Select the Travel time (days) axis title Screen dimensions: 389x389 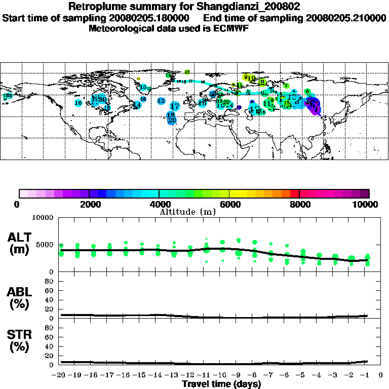pos(222,384)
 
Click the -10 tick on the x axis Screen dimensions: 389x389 pos(221,375)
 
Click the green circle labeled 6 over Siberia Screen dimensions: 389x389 pos(307,91)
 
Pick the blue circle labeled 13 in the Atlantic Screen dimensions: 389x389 pos(161,101)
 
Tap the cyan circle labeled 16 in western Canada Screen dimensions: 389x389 pos(79,103)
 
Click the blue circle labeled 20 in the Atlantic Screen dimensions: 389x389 pos(172,121)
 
